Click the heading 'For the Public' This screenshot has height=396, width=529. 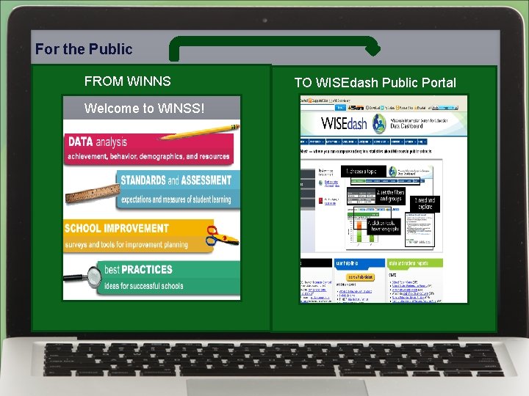coord(84,49)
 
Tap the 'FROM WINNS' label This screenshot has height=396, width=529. coord(127,81)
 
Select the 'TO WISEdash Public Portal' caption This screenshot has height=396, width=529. coord(375,83)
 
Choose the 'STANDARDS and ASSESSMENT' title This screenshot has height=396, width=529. coord(176,180)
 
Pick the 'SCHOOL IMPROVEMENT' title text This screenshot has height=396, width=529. coord(116,229)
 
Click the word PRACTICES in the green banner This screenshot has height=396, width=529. coord(147,270)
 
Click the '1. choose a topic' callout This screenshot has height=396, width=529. coord(361,172)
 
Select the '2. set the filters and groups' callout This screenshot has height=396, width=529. coord(390,196)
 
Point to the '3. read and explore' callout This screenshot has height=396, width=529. coord(425,203)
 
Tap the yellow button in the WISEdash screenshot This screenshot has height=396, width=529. coord(359,276)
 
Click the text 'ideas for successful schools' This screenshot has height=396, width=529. coord(144,285)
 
